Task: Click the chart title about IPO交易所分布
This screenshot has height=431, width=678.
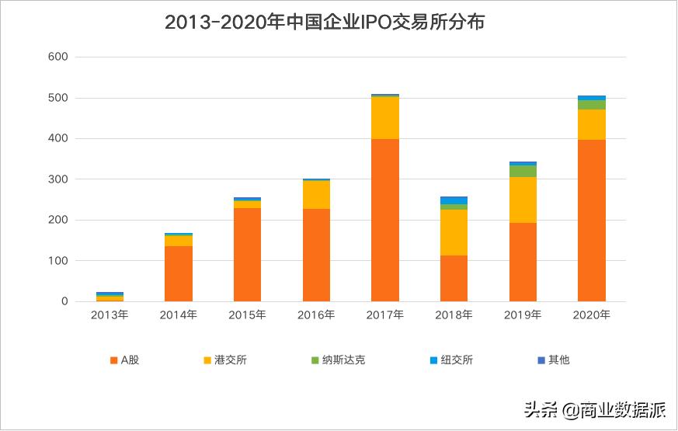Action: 325,23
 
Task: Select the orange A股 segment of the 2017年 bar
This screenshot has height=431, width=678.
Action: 385,220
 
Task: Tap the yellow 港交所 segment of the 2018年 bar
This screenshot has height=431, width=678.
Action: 454,232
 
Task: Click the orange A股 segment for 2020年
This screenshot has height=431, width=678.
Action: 592,221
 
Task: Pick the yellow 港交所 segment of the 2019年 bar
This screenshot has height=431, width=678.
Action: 523,200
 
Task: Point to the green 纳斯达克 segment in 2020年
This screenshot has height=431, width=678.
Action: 592,105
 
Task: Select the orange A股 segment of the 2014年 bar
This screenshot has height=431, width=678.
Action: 179,273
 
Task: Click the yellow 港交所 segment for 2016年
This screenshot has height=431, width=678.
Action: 316,195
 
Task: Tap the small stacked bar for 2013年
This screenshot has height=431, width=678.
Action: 110,297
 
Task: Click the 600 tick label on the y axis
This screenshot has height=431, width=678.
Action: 58,57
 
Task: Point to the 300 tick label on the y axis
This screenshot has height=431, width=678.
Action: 58,179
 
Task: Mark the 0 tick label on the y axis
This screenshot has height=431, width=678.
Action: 65,301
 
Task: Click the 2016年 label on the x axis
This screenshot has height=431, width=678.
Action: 316,315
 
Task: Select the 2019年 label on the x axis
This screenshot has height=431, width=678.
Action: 523,315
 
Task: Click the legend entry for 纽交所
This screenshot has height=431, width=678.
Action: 450,360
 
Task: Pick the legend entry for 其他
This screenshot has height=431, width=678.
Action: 553,360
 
